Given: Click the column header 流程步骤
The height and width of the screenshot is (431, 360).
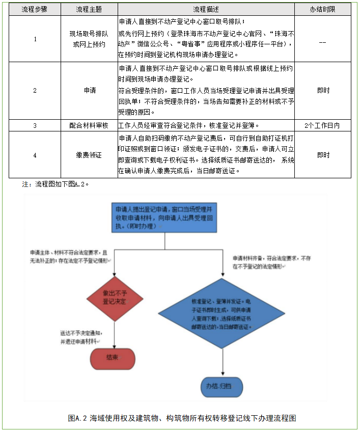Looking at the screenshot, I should click(x=35, y=10).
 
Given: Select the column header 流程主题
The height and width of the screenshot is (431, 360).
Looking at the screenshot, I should click(x=89, y=10).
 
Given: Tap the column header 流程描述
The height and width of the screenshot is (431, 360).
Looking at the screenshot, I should click(x=206, y=10).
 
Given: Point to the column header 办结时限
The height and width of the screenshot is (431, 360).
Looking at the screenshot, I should click(x=322, y=10).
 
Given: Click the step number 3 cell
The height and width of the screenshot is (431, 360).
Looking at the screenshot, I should click(x=35, y=125).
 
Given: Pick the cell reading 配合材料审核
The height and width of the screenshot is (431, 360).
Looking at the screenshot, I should click(x=89, y=125).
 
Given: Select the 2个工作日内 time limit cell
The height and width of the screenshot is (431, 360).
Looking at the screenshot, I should click(x=322, y=125).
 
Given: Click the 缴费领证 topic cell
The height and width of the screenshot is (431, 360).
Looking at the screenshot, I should click(x=89, y=155).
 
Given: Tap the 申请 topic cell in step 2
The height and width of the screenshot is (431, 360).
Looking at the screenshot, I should click(x=89, y=91).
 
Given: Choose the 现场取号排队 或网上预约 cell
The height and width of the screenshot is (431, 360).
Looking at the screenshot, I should click(x=89, y=39).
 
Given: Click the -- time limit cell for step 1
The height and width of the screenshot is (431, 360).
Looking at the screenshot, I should click(x=322, y=43).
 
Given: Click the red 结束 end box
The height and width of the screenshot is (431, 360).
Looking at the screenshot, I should click(x=113, y=358).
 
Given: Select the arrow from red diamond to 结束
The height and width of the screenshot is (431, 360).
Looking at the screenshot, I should click(x=114, y=334).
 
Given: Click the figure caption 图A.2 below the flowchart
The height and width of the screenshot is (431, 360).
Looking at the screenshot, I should click(x=182, y=418).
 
